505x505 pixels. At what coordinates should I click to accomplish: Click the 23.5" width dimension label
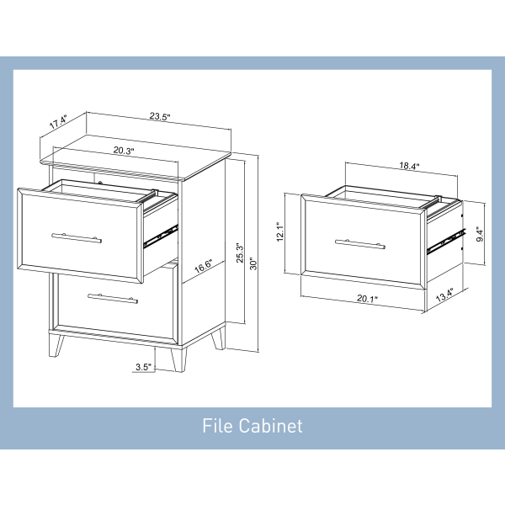tap(160, 116)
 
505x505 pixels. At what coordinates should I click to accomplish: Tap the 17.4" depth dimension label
tap(58, 122)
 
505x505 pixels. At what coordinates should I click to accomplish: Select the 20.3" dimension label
tap(124, 151)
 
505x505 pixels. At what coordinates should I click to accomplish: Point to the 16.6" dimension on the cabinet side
tap(204, 266)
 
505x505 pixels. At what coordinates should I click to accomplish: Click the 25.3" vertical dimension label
tap(240, 252)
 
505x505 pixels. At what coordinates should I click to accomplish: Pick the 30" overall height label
tap(254, 263)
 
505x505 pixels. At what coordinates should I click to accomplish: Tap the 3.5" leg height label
tap(143, 367)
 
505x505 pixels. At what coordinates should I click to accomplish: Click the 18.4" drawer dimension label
tap(409, 166)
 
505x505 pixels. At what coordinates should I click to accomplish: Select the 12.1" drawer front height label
tap(280, 231)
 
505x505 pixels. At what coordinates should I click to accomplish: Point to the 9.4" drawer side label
tap(480, 234)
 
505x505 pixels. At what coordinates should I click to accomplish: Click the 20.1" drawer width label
tap(367, 299)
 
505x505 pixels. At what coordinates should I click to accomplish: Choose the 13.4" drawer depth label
tap(444, 295)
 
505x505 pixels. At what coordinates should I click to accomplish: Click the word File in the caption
tap(217, 425)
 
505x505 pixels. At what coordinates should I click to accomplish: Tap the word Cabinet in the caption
tap(270, 425)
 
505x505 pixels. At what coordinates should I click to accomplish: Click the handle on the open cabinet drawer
tap(77, 238)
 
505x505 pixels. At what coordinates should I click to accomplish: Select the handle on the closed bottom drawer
tap(113, 299)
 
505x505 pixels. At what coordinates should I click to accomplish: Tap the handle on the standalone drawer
tap(359, 244)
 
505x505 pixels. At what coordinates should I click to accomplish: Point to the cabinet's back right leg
tap(219, 338)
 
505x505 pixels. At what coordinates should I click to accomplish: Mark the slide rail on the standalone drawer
tap(446, 242)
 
